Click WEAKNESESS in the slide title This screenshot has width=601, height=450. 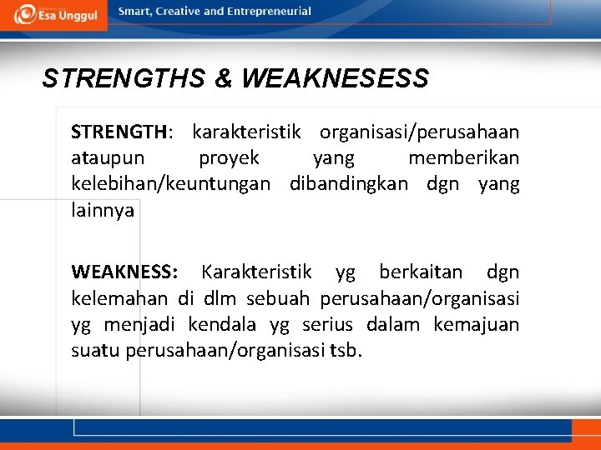[335, 79]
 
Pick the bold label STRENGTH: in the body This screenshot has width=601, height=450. [122, 132]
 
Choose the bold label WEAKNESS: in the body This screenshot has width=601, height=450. [124, 272]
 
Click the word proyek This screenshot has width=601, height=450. [229, 158]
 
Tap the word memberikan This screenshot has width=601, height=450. [463, 158]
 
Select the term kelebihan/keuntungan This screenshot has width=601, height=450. [171, 184]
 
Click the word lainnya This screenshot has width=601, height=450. [103, 211]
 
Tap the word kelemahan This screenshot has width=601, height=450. [121, 298]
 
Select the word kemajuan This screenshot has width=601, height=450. [476, 324]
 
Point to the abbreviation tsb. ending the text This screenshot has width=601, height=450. [346, 350]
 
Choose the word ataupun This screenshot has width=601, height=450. [108, 158]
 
